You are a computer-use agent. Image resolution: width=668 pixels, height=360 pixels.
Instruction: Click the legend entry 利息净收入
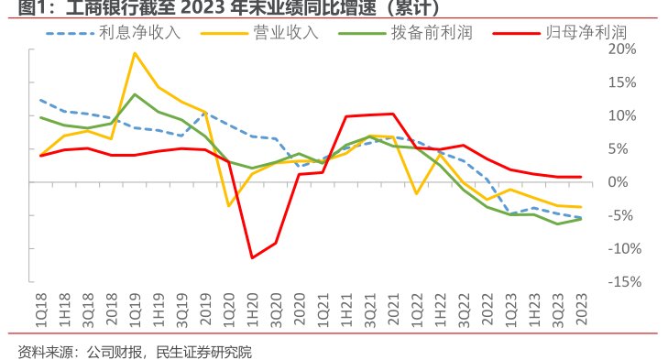tap(140, 34)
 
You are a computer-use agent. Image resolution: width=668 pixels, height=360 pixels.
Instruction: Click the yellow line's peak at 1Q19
tap(135, 53)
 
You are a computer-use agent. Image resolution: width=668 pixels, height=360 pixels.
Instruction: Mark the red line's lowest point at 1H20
tap(252, 258)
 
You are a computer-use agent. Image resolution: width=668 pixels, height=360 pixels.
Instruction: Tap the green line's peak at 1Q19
tap(135, 94)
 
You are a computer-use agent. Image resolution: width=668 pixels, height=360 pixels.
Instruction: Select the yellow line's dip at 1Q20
tap(229, 206)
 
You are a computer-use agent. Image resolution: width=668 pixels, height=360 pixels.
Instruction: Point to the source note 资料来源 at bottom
tap(135, 351)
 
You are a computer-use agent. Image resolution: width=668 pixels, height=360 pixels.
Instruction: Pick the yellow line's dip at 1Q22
tap(416, 193)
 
